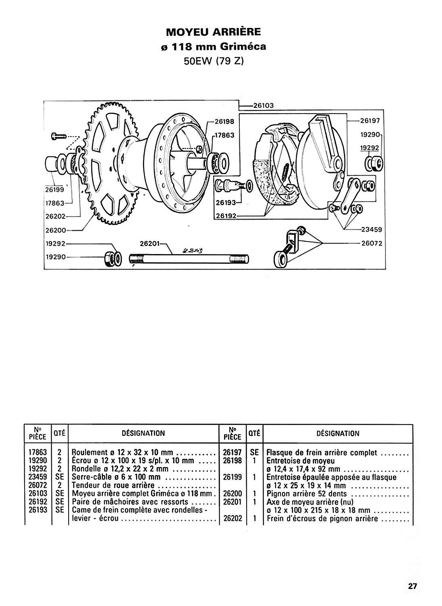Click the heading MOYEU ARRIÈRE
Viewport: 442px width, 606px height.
pyautogui.click(x=213, y=32)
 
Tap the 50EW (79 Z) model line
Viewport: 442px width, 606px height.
pyautogui.click(x=214, y=61)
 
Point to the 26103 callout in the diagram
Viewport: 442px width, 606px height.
pyautogui.click(x=263, y=105)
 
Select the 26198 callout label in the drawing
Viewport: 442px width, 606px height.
pyautogui.click(x=225, y=122)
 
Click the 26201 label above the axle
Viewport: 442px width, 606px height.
pyautogui.click(x=150, y=244)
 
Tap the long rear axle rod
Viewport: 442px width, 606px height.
pyautogui.click(x=189, y=259)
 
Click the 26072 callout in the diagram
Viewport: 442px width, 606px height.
pyautogui.click(x=372, y=244)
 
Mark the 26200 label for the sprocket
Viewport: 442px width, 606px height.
pyautogui.click(x=56, y=230)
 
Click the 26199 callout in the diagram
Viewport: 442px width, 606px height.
pyautogui.click(x=54, y=189)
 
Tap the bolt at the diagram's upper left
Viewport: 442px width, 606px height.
pyautogui.click(x=58, y=135)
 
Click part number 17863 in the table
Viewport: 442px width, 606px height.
pyautogui.click(x=38, y=452)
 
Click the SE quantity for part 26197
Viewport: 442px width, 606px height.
pyautogui.click(x=254, y=452)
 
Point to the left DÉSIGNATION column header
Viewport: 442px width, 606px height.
pyautogui.click(x=143, y=433)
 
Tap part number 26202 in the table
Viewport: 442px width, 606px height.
pyautogui.click(x=233, y=518)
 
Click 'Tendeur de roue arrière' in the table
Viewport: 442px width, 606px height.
pyautogui.click(x=113, y=485)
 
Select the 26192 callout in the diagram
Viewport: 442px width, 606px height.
pyautogui.click(x=226, y=216)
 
